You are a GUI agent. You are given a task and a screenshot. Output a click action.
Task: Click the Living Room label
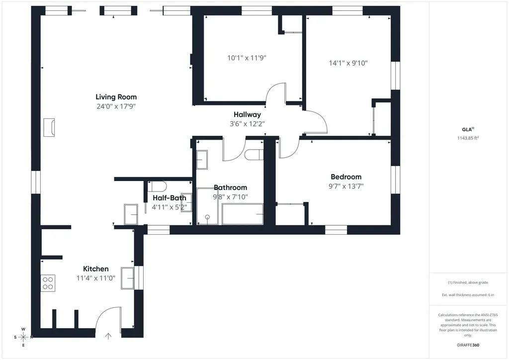click(x=116, y=97)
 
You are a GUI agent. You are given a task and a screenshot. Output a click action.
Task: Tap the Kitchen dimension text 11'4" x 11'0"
click(x=96, y=278)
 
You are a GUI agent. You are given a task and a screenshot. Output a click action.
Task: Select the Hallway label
click(x=247, y=114)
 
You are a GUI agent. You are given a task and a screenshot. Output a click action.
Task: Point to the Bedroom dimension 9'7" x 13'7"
click(x=346, y=186)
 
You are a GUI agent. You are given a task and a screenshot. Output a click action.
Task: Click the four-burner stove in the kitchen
click(x=48, y=283)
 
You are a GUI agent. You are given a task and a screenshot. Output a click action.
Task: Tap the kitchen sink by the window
click(x=127, y=278)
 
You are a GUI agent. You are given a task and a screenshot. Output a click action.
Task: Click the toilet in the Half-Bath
click(x=157, y=186)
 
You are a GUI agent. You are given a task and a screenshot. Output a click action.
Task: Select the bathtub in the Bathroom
click(x=243, y=214)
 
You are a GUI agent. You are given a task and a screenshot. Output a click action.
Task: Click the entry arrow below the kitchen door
click(x=108, y=336)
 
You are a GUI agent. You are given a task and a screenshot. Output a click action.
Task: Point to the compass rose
click(x=23, y=337)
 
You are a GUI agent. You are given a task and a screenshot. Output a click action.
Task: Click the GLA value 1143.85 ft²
click(x=468, y=138)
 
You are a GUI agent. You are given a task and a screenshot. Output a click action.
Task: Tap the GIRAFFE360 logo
click(x=468, y=345)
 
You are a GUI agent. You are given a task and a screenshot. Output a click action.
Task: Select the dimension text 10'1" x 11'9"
click(x=247, y=58)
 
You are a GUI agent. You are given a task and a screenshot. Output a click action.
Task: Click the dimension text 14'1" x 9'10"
click(x=348, y=63)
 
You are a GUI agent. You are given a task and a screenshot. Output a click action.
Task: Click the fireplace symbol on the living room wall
click(x=49, y=127)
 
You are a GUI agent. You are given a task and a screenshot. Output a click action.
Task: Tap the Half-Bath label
click(x=170, y=198)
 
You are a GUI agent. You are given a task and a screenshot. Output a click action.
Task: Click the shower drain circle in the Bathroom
click(x=207, y=217)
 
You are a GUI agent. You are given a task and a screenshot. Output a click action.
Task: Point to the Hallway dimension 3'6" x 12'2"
click(x=247, y=124)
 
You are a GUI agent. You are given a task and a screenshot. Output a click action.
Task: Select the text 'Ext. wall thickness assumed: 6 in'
click(x=468, y=295)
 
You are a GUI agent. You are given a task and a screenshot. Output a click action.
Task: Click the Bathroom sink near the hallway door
click(x=202, y=160)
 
